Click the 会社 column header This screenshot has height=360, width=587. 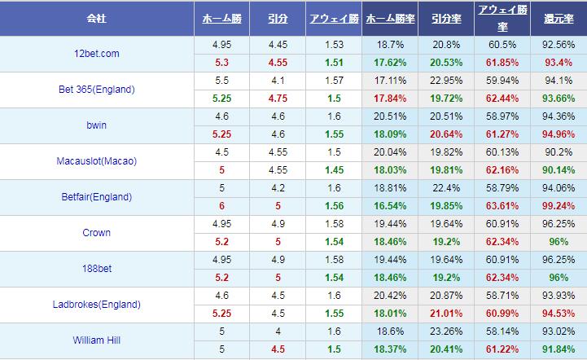[x=98, y=17]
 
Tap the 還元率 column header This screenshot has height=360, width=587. [x=559, y=17]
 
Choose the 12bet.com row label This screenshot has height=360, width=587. [x=96, y=54]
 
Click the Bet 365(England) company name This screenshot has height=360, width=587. [x=96, y=90]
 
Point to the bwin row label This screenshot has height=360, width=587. [x=96, y=125]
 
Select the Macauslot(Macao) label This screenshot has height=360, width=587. [x=96, y=161]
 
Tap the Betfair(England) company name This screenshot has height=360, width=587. [x=96, y=197]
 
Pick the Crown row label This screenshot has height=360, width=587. [x=96, y=233]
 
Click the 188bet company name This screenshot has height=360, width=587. [x=96, y=269]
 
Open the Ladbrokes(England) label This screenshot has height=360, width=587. [x=96, y=305]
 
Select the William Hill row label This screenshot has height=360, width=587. [x=96, y=340]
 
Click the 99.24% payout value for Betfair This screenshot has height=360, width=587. [x=559, y=206]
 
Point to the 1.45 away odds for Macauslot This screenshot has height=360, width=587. [x=333, y=170]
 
